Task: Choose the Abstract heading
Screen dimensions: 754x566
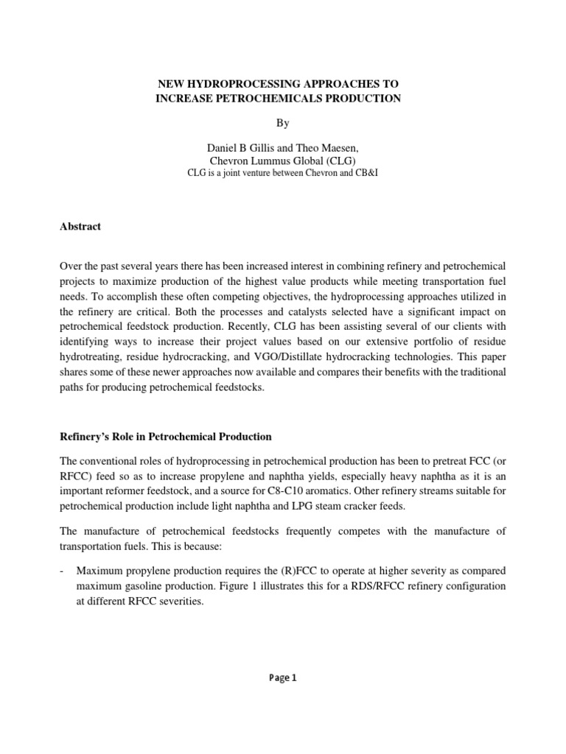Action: click(80, 227)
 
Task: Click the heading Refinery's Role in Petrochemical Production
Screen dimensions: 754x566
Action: click(166, 437)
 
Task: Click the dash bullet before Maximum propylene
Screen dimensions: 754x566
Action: click(63, 571)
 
